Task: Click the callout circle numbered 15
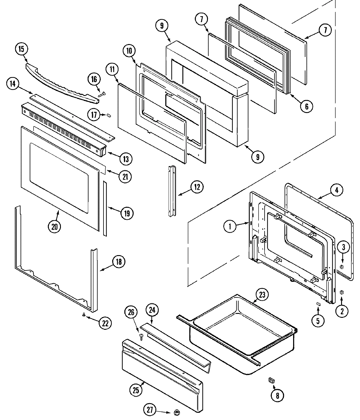point(21,49)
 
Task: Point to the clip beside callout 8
point(272,380)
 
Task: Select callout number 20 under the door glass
point(54,227)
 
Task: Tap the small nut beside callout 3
point(341,267)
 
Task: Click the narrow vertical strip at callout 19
point(105,208)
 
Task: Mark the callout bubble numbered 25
point(135,390)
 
